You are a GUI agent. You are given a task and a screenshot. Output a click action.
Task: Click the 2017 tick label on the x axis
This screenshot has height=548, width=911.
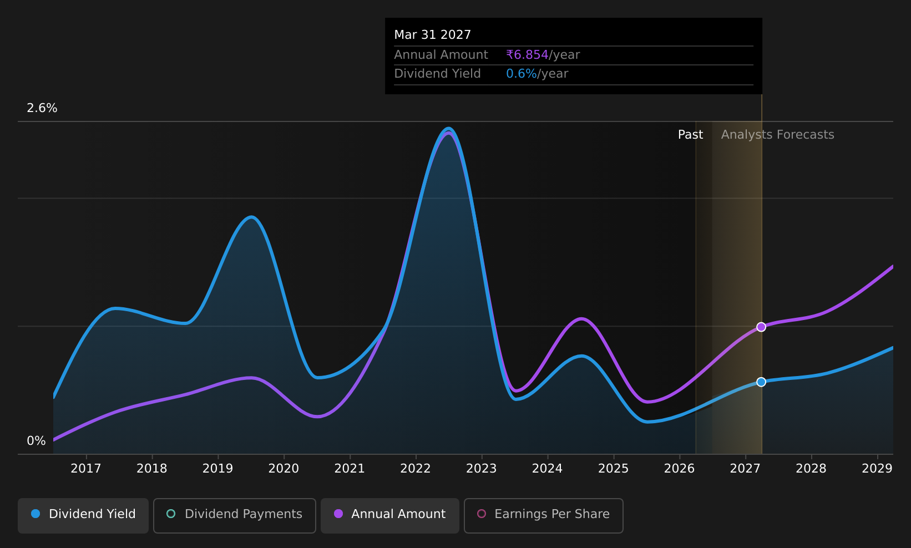[86, 468]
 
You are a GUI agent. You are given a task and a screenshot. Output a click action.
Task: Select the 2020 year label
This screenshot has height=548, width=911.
[284, 468]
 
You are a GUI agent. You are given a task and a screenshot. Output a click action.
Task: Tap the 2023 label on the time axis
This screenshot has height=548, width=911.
[482, 468]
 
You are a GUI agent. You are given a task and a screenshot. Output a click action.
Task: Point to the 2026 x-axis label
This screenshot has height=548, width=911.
[680, 468]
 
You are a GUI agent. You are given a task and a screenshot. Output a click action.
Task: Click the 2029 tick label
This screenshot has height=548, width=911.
[877, 468]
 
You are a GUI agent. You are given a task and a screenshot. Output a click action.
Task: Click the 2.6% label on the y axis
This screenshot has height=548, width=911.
[42, 108]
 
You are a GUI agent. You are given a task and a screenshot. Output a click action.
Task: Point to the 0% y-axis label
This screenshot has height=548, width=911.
[36, 441]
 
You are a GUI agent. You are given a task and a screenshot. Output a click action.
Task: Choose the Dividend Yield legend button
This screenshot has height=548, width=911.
[83, 515]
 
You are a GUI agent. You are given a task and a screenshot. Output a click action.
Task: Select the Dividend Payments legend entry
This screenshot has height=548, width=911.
[235, 515]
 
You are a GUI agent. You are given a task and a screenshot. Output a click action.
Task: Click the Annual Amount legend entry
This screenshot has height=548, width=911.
[389, 515]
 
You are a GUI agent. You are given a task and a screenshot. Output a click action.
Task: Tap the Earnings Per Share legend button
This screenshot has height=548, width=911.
[543, 515]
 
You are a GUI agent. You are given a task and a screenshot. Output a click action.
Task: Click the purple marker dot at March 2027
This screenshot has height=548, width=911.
[761, 327]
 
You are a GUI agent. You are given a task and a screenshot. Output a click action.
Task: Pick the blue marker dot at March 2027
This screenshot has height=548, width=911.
[761, 382]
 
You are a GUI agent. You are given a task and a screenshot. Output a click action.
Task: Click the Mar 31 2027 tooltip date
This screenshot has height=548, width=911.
[432, 35]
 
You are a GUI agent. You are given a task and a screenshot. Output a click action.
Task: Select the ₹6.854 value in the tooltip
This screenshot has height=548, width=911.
[527, 54]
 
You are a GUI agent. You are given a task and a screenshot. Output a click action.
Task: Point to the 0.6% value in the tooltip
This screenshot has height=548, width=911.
[522, 74]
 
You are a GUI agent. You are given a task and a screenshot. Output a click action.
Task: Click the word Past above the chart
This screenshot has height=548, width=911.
[690, 135]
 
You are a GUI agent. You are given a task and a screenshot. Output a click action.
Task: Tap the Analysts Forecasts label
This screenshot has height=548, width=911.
[778, 135]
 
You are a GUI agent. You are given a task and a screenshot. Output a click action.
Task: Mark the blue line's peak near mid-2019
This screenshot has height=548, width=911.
[252, 217]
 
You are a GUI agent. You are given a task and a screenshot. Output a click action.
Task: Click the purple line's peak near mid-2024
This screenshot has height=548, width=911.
[581, 318]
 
